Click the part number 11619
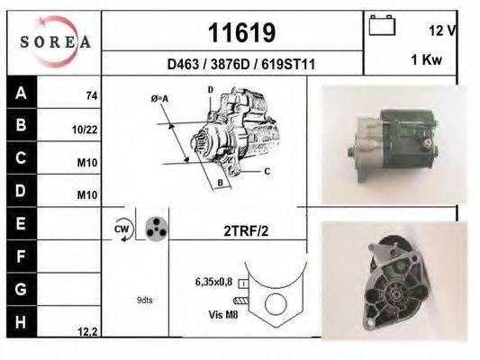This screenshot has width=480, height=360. point(241,32)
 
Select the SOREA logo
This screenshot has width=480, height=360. point(55,41)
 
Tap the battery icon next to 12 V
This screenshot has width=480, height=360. point(383,27)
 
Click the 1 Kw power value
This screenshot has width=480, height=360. point(425,60)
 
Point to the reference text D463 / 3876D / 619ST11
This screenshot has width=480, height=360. point(241,64)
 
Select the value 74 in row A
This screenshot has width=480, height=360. point(91,95)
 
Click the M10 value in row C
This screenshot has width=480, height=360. point(86,164)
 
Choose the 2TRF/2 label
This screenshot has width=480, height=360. point(247,230)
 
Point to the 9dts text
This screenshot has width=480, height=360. point(145,300)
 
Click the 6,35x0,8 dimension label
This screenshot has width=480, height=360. point(213,282)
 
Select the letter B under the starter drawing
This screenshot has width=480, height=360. point(219,184)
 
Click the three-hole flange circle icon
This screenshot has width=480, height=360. point(156,229)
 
